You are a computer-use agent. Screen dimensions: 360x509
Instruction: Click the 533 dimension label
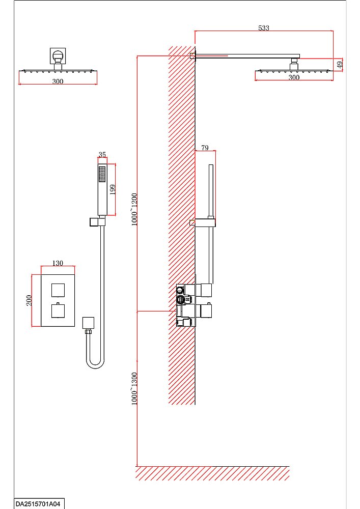[264, 28]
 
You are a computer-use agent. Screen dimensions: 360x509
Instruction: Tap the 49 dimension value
[340, 64]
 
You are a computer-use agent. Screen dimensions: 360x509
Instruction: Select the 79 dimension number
[205, 148]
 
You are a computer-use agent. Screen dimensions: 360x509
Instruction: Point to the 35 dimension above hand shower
[102, 154]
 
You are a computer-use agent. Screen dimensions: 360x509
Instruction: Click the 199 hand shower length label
[113, 189]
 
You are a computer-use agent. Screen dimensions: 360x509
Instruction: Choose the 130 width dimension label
[58, 263]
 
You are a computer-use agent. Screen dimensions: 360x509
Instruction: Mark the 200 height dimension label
[29, 300]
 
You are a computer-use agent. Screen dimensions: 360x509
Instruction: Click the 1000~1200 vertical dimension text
[134, 209]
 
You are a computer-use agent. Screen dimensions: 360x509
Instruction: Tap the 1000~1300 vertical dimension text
[134, 388]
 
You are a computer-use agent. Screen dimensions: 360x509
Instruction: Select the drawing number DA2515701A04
[38, 504]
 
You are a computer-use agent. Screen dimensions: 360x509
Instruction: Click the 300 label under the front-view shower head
[58, 81]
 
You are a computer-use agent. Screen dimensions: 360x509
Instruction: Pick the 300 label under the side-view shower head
[294, 77]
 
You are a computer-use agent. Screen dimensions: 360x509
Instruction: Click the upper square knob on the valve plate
[58, 290]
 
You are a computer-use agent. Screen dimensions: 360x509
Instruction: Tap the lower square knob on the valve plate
[58, 310]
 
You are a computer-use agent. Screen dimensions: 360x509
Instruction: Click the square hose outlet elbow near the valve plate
[88, 323]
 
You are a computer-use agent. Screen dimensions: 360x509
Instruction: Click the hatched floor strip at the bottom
[213, 473]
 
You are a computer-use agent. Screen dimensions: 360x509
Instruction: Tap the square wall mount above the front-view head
[58, 56]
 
